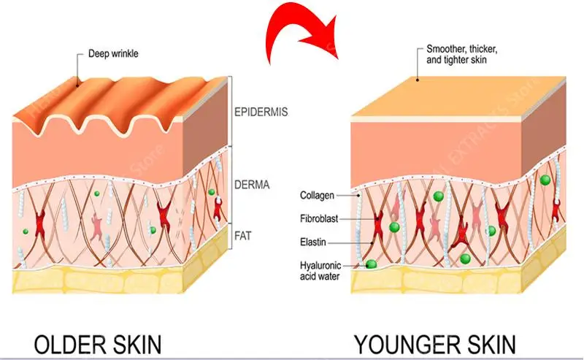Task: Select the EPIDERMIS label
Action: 261,112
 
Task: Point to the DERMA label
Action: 252,185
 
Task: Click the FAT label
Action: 243,236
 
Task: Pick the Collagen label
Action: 318,196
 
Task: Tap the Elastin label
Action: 313,242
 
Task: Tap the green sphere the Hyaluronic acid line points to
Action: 371,264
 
